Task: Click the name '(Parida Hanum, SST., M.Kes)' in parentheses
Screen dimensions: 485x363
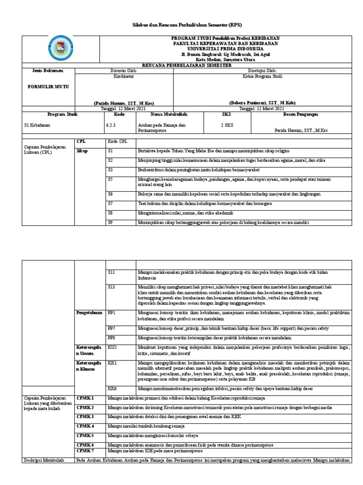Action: coord(124,103)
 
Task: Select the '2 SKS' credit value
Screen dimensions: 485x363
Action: coord(227,125)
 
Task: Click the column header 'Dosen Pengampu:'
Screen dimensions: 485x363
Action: coord(301,115)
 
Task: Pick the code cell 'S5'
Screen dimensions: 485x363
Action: coord(111,180)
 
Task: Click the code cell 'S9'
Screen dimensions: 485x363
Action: coord(111,222)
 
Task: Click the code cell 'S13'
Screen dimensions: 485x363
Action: coord(112,287)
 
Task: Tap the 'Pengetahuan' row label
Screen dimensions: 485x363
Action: coord(89,313)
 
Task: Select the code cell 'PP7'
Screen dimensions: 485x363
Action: coord(112,328)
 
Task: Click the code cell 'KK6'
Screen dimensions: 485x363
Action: coord(112,388)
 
